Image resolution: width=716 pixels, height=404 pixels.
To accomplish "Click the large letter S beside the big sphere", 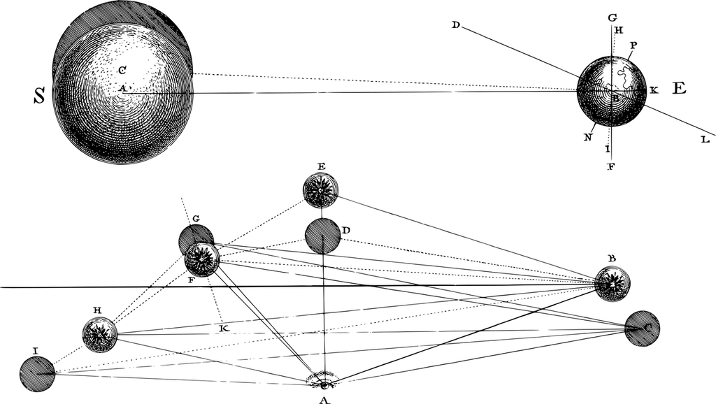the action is [40, 97].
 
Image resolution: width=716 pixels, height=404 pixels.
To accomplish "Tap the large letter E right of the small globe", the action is [679, 88].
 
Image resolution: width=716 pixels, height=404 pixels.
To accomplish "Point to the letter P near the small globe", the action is [633, 45].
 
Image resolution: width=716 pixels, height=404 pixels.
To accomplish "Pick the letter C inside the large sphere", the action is [122, 70].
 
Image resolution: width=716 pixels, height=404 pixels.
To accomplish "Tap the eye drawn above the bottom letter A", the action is [323, 381].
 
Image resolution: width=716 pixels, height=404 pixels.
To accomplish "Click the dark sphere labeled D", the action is [322, 236].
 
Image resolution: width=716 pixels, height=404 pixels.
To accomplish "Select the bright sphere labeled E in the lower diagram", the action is [321, 189].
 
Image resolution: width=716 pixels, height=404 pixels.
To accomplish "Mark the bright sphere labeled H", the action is [99, 335].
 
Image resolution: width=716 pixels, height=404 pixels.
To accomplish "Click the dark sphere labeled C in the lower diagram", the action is [642, 328].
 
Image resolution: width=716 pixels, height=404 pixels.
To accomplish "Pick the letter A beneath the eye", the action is [323, 399].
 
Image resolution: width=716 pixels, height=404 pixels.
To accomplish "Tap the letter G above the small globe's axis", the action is [612, 17].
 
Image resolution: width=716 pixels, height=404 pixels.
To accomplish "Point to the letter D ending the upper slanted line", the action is [455, 25].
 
